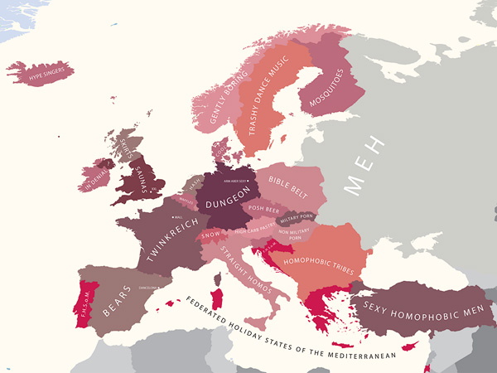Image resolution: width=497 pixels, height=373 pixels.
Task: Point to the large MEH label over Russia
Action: (x=365, y=165)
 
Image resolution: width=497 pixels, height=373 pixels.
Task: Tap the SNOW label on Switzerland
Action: (x=211, y=235)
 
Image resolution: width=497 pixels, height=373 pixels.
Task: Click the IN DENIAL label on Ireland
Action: (x=95, y=176)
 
